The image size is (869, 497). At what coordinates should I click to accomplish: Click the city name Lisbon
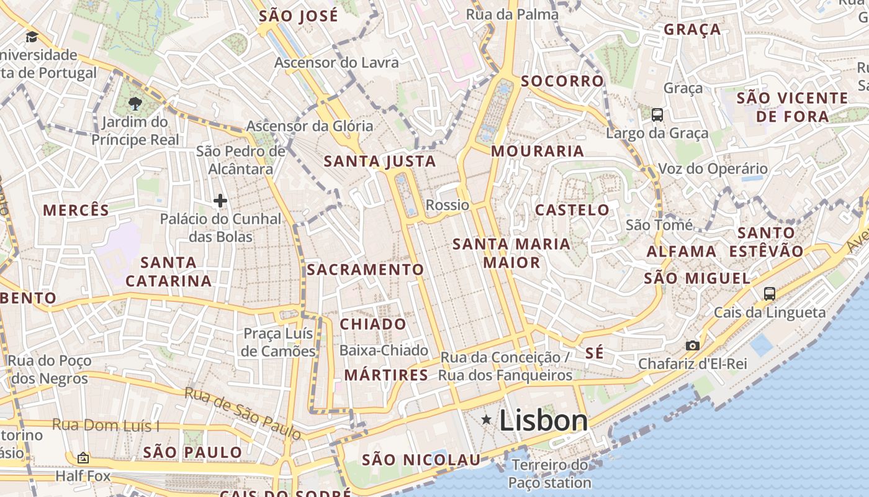544,421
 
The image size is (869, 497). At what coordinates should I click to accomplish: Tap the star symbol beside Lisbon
487,421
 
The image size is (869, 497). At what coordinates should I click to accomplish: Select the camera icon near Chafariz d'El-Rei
693,345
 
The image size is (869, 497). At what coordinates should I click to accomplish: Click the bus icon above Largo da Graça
657,115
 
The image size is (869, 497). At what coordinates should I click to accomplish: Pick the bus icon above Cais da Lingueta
770,294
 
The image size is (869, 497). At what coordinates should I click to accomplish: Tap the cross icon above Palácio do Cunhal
220,201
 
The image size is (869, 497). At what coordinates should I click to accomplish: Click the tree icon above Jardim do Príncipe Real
135,104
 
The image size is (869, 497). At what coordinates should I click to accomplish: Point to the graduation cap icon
32,37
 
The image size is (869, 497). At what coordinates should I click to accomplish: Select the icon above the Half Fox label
83,458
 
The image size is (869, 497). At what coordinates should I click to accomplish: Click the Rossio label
448,205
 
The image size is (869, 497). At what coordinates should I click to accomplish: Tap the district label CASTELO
572,210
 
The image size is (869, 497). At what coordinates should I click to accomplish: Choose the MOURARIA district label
538,151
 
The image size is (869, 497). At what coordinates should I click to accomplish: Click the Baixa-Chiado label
384,350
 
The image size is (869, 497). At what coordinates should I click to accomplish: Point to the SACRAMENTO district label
365,270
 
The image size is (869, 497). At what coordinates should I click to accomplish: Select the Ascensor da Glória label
310,126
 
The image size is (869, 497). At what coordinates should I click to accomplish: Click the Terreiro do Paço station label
550,473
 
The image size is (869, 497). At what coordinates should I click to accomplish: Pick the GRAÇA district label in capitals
692,29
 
